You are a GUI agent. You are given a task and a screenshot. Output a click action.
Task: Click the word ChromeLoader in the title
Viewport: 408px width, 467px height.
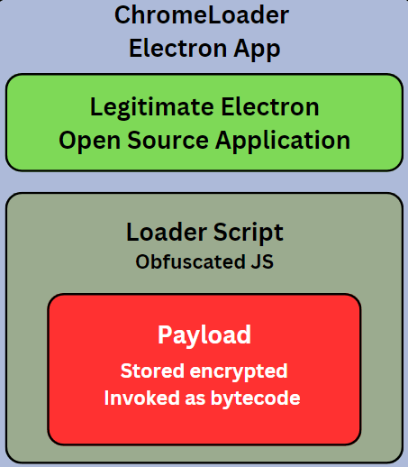click(202, 15)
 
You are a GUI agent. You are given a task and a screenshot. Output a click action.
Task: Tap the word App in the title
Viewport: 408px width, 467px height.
click(257, 50)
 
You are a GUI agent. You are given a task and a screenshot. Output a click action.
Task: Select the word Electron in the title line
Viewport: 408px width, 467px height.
click(177, 48)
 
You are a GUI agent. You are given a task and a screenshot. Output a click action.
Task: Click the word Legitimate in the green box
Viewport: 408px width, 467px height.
click(152, 107)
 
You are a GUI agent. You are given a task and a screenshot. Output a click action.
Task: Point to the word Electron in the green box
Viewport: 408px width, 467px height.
click(270, 106)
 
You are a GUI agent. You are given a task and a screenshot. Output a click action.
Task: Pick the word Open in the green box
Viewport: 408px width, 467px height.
click(89, 141)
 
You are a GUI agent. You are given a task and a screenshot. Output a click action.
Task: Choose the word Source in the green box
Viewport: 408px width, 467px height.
click(168, 141)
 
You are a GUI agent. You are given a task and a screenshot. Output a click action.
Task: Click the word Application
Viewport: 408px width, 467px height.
click(283, 141)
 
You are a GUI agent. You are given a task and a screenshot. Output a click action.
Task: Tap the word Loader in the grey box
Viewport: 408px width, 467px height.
click(167, 232)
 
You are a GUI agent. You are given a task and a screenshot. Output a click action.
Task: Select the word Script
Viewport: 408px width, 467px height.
click(249, 233)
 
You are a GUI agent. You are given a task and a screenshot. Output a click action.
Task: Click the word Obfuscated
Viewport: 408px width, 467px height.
click(190, 261)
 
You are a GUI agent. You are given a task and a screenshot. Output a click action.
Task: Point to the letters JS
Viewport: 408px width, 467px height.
click(262, 261)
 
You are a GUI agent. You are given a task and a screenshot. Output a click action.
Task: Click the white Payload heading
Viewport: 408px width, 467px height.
click(204, 335)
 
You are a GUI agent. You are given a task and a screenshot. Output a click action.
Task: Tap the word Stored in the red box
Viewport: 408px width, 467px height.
click(152, 371)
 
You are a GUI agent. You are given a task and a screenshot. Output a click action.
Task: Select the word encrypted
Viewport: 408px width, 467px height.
click(239, 371)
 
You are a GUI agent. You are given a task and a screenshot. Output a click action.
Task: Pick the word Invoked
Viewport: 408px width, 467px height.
click(141, 398)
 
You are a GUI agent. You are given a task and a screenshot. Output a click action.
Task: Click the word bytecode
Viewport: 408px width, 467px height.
click(255, 398)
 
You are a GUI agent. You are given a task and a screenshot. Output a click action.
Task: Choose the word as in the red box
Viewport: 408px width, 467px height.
click(195, 399)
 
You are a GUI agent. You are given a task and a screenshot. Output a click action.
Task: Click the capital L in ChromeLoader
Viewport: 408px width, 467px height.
click(213, 15)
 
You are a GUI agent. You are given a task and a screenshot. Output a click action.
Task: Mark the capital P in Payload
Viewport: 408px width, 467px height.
click(164, 334)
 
